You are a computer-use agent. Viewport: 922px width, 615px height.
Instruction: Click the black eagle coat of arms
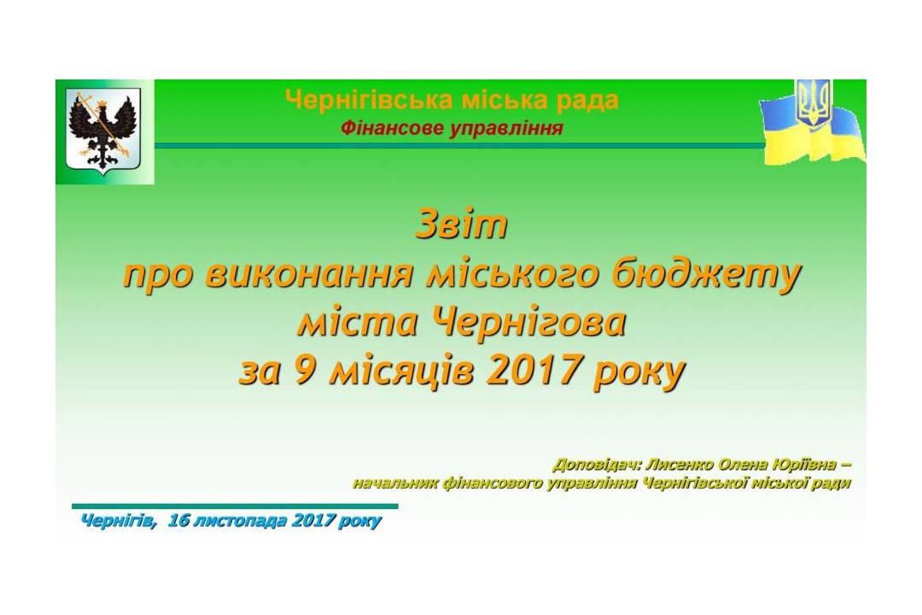[103, 132]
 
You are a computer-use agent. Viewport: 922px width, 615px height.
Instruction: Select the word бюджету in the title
[706, 276]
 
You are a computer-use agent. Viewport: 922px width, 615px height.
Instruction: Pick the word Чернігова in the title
[528, 323]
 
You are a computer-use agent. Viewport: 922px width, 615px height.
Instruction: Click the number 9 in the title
[304, 371]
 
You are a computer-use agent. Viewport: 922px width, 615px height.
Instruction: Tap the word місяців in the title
[402, 372]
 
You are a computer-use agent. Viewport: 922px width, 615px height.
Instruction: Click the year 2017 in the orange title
[533, 371]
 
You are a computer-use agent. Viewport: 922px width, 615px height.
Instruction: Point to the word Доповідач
[596, 465]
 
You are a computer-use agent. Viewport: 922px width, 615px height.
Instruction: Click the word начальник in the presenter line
[395, 483]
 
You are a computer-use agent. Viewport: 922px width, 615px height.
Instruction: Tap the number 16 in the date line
[177, 520]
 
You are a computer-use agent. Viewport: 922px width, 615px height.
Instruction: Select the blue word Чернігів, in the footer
[119, 521]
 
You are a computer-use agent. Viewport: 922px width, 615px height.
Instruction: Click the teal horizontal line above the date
[236, 507]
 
